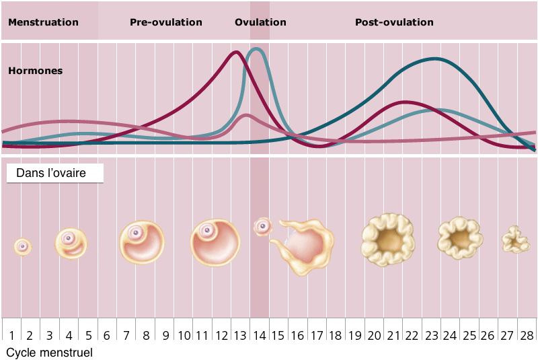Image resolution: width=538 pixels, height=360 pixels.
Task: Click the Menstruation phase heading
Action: tap(43, 22)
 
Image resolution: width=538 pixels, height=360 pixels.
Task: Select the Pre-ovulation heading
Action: tap(165, 22)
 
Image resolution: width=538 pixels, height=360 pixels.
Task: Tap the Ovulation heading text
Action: tap(260, 22)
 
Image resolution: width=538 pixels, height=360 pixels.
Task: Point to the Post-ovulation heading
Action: tap(394, 22)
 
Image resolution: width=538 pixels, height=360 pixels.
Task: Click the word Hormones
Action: tap(35, 70)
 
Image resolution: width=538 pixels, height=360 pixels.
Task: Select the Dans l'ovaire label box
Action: tap(55, 174)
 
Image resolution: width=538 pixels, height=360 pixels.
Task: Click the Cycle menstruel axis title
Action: tap(49, 352)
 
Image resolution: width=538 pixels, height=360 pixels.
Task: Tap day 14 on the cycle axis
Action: tap(260, 335)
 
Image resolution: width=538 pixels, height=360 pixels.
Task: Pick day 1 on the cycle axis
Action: tap(11, 335)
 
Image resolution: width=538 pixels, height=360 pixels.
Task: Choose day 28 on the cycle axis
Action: tap(527, 335)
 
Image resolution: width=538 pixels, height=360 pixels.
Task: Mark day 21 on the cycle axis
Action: tap(393, 335)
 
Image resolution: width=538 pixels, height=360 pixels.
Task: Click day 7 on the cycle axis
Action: tap(126, 335)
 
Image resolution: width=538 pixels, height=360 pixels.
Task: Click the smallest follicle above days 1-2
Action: tap(23, 246)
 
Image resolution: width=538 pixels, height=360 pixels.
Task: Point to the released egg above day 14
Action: tap(262, 226)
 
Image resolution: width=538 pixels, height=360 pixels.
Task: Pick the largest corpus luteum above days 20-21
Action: tap(387, 240)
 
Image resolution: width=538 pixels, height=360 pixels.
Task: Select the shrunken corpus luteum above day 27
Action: tap(516, 240)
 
